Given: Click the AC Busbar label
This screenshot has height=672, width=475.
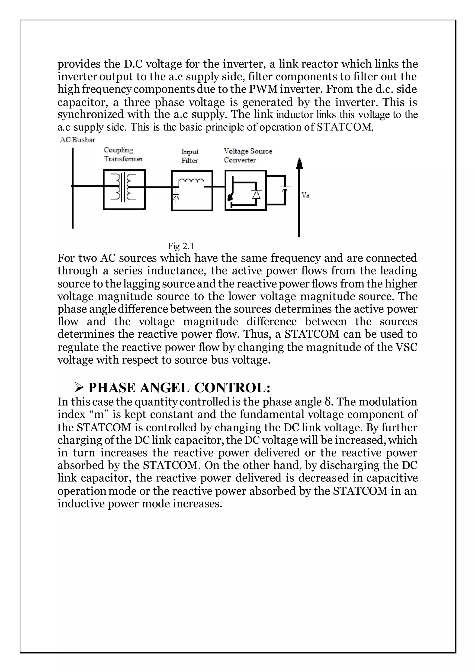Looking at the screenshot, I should pyautogui.click(x=77, y=140).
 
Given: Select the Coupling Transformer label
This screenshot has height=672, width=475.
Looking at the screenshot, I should pyautogui.click(x=123, y=155).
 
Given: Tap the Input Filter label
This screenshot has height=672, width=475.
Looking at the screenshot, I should pyautogui.click(x=190, y=156).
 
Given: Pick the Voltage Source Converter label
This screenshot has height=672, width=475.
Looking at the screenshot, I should pyautogui.click(x=248, y=155).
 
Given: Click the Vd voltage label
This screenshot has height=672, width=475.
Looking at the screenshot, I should pyautogui.click(x=305, y=195).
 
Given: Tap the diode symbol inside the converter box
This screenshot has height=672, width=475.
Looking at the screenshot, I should pyautogui.click(x=257, y=194).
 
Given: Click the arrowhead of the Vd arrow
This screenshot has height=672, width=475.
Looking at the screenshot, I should pyautogui.click(x=299, y=164).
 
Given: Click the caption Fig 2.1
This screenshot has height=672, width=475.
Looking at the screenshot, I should pyautogui.click(x=181, y=246).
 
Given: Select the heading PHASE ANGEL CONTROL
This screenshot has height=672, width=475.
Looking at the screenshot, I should pyautogui.click(x=179, y=388).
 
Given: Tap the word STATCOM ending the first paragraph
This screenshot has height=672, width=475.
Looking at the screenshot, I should pyautogui.click(x=345, y=127).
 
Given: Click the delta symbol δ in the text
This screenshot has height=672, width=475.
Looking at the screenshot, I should pyautogui.click(x=328, y=402).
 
